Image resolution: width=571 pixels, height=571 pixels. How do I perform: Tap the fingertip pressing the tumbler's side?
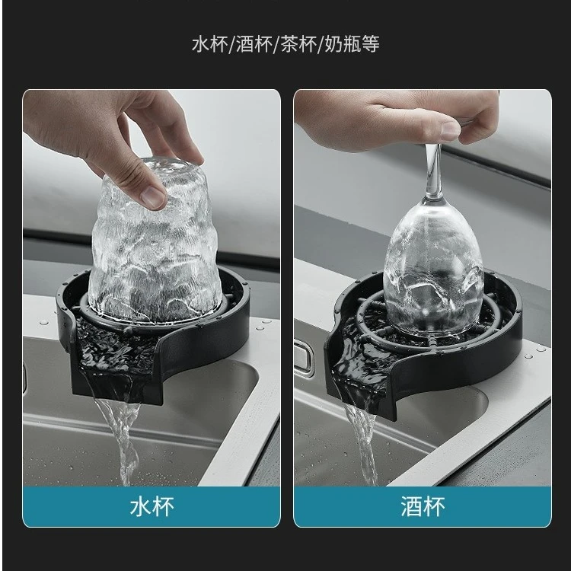coord(155,197)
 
